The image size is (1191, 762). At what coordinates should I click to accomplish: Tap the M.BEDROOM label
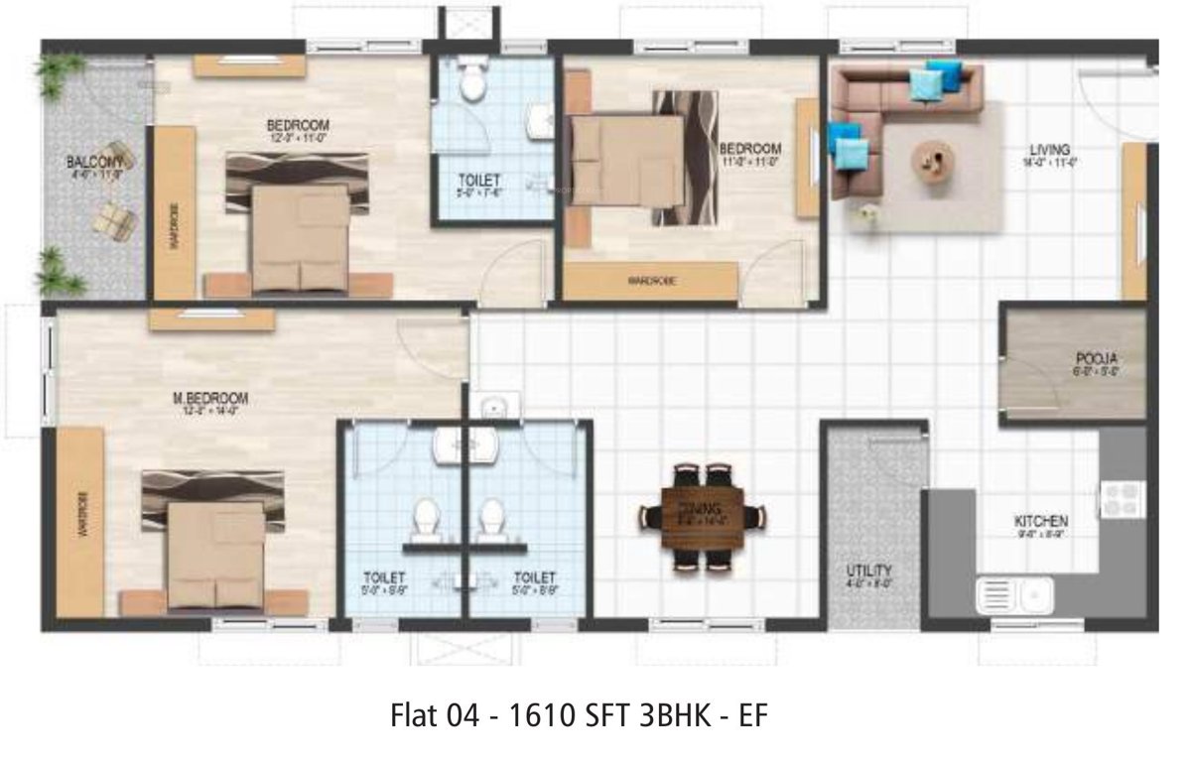pyautogui.click(x=210, y=399)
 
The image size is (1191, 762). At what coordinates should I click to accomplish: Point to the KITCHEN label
pyautogui.click(x=1040, y=521)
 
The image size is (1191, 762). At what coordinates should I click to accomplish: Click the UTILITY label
pyautogui.click(x=868, y=571)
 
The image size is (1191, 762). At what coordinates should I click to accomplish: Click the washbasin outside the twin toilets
pyautogui.click(x=493, y=407)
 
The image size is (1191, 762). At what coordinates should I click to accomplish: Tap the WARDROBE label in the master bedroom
pyautogui.click(x=82, y=512)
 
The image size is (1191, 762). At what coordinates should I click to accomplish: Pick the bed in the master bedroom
pyautogui.click(x=213, y=544)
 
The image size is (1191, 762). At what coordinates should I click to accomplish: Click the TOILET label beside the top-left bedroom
pyautogui.click(x=479, y=181)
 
